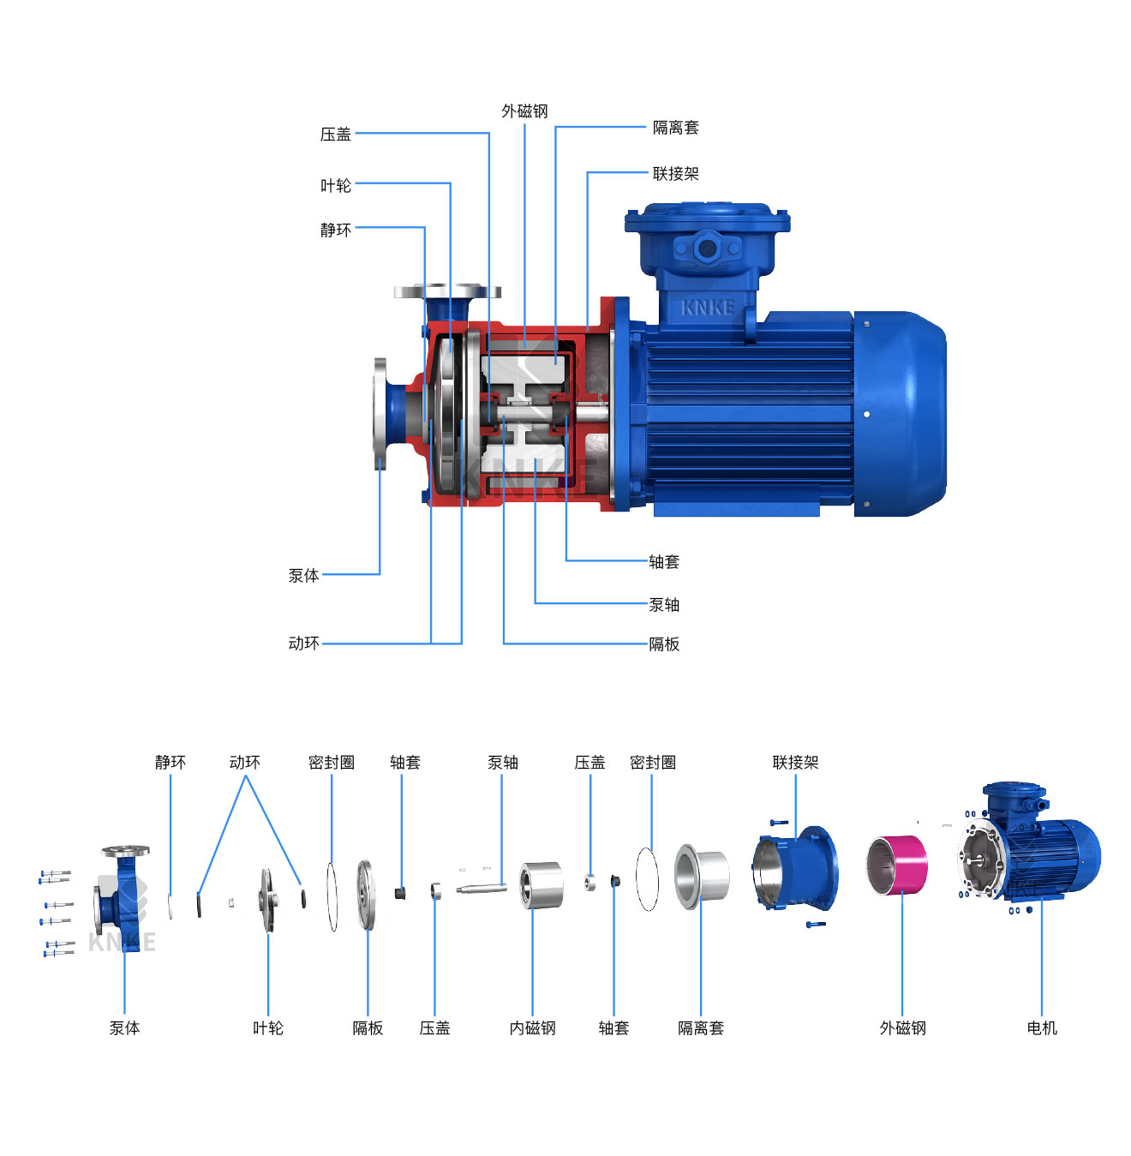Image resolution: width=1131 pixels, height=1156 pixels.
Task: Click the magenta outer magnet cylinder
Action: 897,865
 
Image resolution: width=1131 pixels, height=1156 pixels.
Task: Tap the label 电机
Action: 1042,1028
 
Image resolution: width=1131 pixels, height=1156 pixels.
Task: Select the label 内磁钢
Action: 532,1028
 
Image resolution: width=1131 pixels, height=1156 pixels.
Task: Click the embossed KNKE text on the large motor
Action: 708,308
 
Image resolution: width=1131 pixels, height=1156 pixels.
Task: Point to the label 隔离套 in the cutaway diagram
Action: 675,128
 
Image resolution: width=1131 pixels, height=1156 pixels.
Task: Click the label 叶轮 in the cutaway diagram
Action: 336,186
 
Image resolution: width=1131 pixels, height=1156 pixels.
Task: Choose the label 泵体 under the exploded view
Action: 124,1028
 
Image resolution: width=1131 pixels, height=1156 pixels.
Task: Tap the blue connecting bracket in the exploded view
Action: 796,868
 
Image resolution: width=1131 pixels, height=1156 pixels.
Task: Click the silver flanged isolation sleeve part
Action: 702,876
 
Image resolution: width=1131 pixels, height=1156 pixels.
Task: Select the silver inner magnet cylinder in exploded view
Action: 542,885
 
